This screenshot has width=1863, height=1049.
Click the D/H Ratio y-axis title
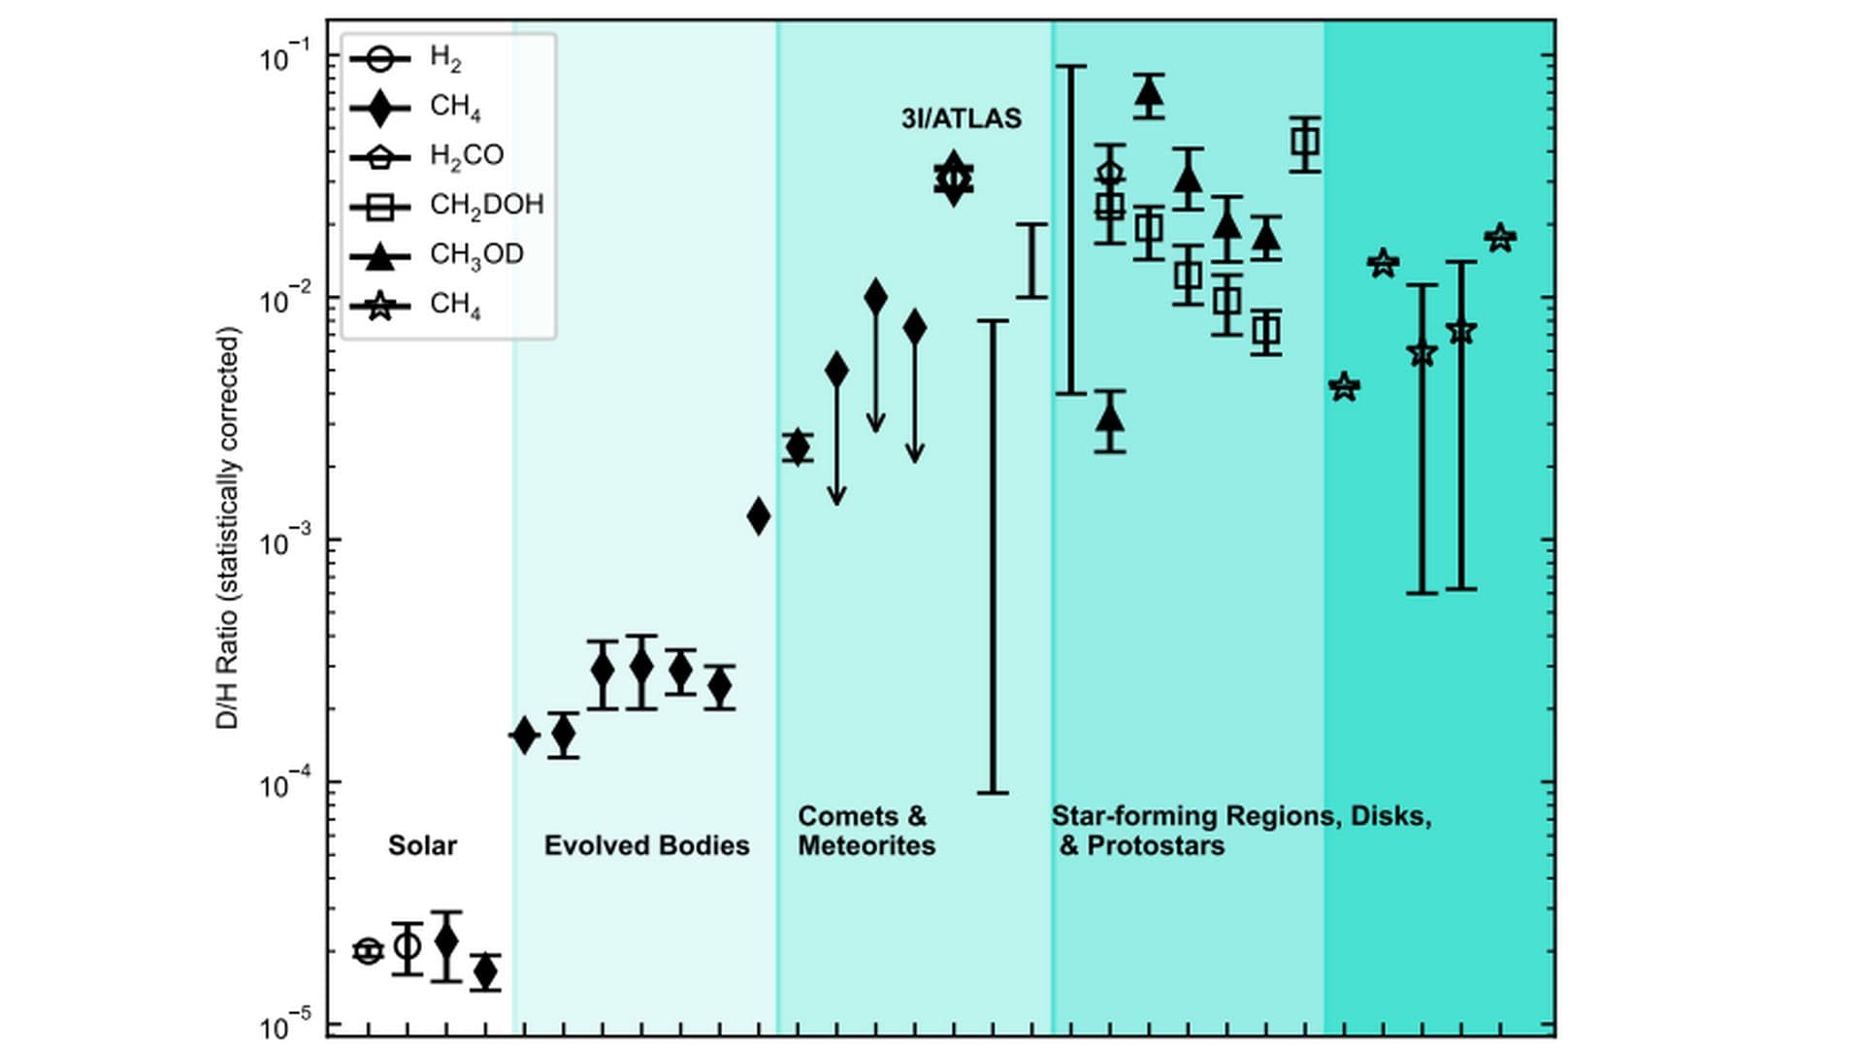coord(227,528)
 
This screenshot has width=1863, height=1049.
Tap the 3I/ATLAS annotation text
coord(961,118)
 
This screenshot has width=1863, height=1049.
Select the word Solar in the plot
coord(422,845)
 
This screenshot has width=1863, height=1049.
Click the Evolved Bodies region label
coord(646,845)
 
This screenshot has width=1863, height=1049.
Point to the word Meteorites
coord(866,846)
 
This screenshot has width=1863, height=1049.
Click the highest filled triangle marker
coord(1149,93)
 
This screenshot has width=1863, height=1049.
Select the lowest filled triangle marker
coord(1110,419)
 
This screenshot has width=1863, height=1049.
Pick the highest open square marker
coord(1305,143)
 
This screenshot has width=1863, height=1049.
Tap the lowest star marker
coord(1344,387)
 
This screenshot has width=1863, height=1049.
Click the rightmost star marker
coord(1500,238)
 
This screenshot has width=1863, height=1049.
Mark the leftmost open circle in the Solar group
coord(368,951)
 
